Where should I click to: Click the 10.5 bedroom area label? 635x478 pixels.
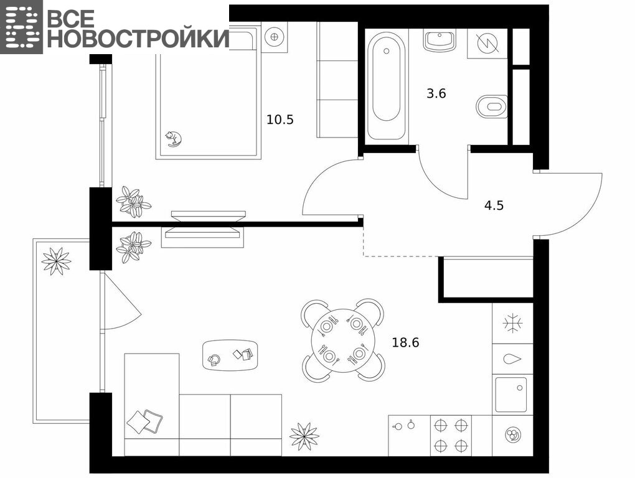(280, 119)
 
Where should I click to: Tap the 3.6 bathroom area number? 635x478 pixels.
(436, 93)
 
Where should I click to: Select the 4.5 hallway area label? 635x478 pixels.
(494, 205)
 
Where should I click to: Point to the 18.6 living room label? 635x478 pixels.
(405, 343)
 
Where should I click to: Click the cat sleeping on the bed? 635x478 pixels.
(173, 138)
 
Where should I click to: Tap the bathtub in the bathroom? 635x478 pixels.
(387, 86)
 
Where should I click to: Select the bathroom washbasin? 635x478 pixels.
(440, 40)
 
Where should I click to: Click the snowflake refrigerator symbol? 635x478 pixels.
(513, 324)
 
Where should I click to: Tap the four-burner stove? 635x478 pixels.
(451, 436)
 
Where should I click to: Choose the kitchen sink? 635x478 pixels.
(511, 395)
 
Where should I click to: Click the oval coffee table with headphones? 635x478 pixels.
(230, 355)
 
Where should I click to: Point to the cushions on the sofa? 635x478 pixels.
(144, 421)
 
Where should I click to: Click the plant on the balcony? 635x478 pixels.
(56, 261)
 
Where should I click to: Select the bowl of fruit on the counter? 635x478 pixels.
(513, 436)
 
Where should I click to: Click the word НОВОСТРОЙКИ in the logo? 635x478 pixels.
(138, 39)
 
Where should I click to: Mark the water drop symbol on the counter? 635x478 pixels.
(512, 359)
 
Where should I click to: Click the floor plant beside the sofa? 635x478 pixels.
(304, 436)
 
